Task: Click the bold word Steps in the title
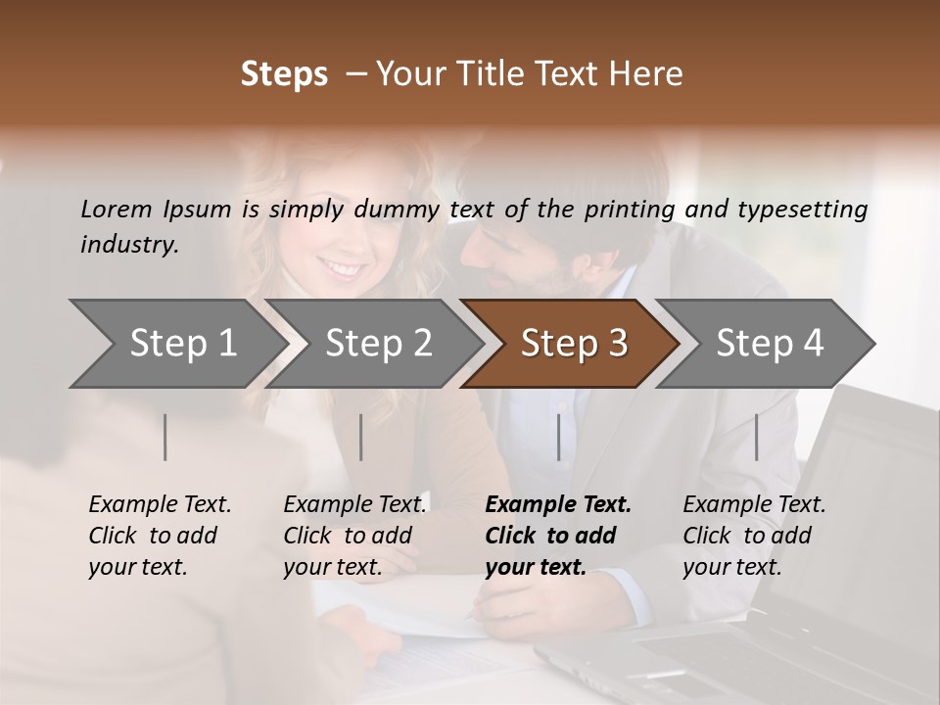coord(284,74)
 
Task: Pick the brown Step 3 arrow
coord(574,343)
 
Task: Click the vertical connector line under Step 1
coord(165,437)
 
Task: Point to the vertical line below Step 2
coord(361,437)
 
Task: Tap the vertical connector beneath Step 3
coord(559,437)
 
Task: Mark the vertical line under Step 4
coord(756,437)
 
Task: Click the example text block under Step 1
coord(160,536)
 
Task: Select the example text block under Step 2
coord(354,536)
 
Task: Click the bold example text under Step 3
coord(558,536)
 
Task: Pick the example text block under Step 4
coord(754,536)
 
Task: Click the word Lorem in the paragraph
coord(117,210)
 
